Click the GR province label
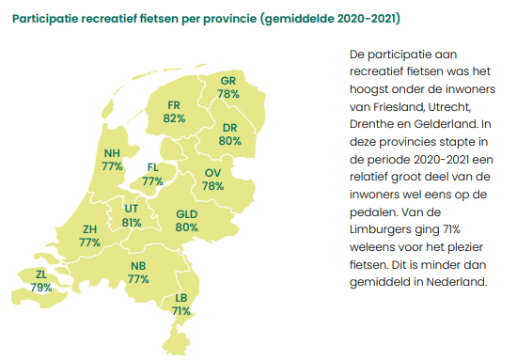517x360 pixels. pos(227,81)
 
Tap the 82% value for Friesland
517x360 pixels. pos(173,118)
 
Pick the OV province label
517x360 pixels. pos(212,173)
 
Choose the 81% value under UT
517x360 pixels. pos(132,223)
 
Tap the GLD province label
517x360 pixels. pos(186,214)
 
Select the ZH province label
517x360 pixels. pos(90,228)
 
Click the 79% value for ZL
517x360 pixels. pos(40,288)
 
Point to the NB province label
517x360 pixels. pos(139,266)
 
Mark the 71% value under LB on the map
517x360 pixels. pos(181,310)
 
